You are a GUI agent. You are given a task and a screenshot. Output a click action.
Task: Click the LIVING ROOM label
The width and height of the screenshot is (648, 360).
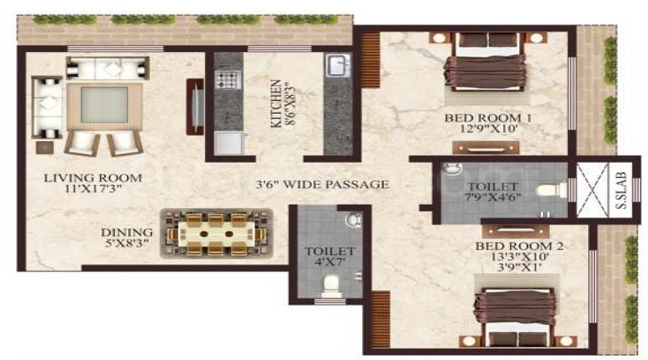(x=91, y=177)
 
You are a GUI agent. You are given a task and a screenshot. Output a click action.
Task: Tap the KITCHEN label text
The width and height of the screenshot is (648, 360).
(x=274, y=103)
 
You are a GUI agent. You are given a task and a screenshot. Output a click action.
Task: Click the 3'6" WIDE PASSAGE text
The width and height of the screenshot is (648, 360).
(x=323, y=184)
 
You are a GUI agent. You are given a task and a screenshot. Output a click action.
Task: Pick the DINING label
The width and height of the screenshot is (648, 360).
(x=127, y=233)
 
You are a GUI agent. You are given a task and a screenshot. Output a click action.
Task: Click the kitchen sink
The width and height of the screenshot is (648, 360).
(x=337, y=67)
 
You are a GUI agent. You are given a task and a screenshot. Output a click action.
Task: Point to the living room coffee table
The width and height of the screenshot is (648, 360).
(x=104, y=105)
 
